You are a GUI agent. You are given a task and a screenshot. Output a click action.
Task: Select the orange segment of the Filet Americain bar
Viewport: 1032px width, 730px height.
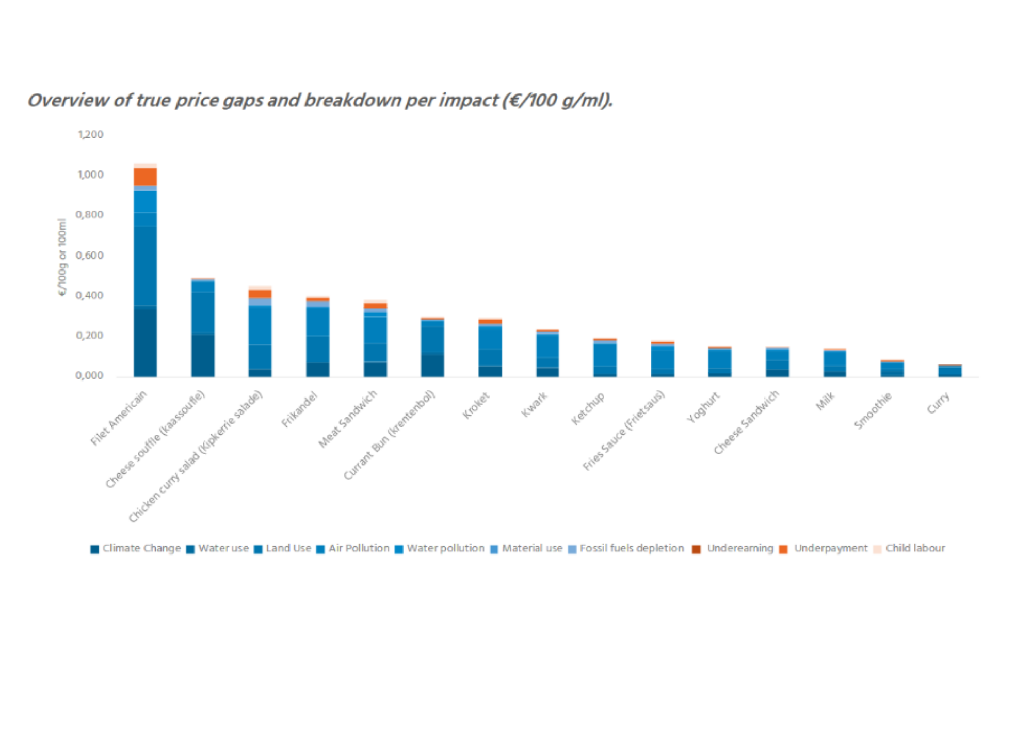click(145, 177)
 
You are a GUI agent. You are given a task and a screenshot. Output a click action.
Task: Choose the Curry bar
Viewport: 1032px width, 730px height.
click(949, 371)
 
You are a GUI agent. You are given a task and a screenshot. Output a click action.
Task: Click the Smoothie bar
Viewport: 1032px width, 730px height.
click(892, 369)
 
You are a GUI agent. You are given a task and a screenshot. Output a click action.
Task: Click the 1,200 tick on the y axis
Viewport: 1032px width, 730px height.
click(91, 135)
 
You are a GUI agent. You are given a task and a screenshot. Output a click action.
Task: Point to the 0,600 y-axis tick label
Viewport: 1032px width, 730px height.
click(90, 255)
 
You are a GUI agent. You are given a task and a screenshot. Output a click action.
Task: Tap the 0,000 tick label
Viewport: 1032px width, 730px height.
click(90, 375)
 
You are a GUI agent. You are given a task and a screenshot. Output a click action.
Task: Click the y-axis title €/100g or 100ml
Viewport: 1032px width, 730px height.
click(62, 257)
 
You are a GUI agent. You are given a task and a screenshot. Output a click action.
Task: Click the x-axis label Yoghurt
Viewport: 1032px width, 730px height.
click(703, 407)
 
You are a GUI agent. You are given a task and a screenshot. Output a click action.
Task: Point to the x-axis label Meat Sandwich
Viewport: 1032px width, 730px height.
click(348, 419)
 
